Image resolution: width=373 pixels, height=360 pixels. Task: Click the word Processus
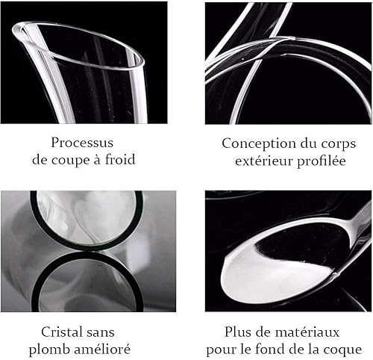coord(82,143)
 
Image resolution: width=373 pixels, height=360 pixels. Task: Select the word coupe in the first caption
coord(67,161)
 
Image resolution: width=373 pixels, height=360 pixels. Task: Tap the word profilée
coord(322,161)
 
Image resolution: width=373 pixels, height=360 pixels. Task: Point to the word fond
coord(271,349)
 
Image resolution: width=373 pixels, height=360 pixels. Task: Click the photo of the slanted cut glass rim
coord(84,63)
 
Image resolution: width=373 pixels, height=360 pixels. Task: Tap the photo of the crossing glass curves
coord(288,63)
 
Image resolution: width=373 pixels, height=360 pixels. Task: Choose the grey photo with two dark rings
coord(88,251)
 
